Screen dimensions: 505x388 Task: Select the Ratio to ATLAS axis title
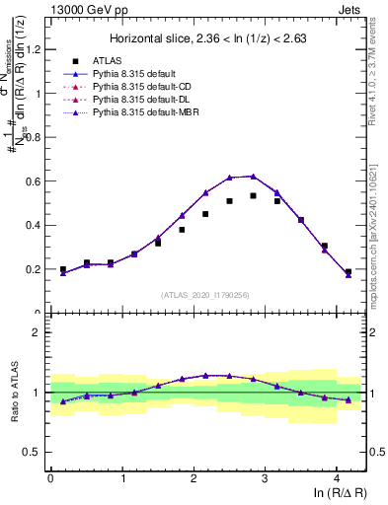pyautogui.click(x=13, y=392)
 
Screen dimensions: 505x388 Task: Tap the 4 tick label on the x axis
pyautogui.click(x=337, y=477)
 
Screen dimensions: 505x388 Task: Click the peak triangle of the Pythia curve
pyautogui.click(x=254, y=177)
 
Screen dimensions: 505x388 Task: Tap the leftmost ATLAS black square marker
pyautogui.click(x=63, y=269)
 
